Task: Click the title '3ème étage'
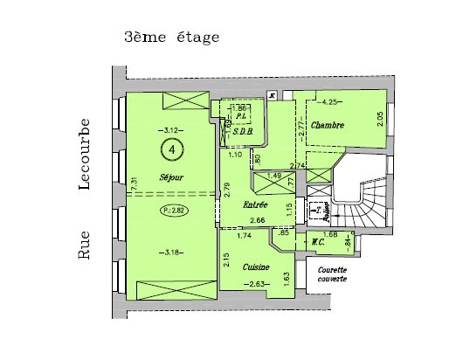point(171,38)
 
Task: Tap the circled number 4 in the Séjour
point(172,150)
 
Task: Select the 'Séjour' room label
point(171,177)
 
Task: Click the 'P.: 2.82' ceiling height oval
point(172,211)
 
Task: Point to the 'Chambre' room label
point(328,126)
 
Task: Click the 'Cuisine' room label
point(256,267)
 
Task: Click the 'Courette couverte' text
point(332,273)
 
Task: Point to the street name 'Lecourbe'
point(85,154)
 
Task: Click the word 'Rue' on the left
point(85,246)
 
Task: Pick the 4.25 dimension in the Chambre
point(328,102)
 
